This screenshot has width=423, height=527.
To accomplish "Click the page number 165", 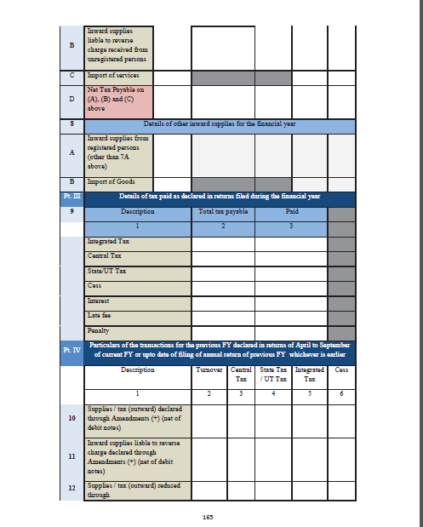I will pos(207,517).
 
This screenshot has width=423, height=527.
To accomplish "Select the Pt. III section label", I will pos(71,196).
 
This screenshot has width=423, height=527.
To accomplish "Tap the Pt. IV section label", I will pos(71,349).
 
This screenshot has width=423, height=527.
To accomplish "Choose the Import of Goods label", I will pos(109,182).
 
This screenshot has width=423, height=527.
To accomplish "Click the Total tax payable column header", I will pos(223,210).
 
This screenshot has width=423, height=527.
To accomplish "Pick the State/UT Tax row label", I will pos(107,272).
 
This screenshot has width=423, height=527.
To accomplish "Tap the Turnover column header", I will pos(209,371).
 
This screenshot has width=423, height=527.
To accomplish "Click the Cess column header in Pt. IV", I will pos(341,371).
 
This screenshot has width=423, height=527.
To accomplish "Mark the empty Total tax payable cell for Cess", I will pos(223,286).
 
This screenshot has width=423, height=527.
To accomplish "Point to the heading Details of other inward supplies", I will pos(218,126).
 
